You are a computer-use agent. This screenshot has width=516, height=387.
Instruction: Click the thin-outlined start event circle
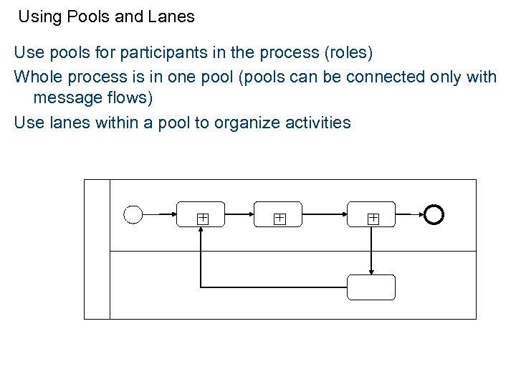pos(133,214)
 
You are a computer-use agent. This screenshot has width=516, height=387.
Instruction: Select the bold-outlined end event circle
pos(434,214)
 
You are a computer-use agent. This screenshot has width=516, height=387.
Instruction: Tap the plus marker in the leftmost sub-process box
pos(203,219)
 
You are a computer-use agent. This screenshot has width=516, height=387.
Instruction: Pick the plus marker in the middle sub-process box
pos(279,219)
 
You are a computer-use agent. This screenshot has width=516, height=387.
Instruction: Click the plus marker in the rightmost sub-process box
pos(373,219)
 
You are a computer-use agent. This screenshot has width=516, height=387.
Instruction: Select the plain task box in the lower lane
pos(371,287)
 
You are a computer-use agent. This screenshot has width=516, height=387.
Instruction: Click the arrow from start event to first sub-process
pos(159,214)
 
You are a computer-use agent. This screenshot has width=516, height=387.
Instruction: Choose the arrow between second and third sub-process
pos(324,214)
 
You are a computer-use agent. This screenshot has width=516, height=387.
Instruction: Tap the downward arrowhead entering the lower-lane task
pos(371,271)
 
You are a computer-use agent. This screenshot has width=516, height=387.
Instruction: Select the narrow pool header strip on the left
pos(97,249)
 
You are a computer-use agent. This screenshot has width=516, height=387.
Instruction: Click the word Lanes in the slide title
pos(171,16)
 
